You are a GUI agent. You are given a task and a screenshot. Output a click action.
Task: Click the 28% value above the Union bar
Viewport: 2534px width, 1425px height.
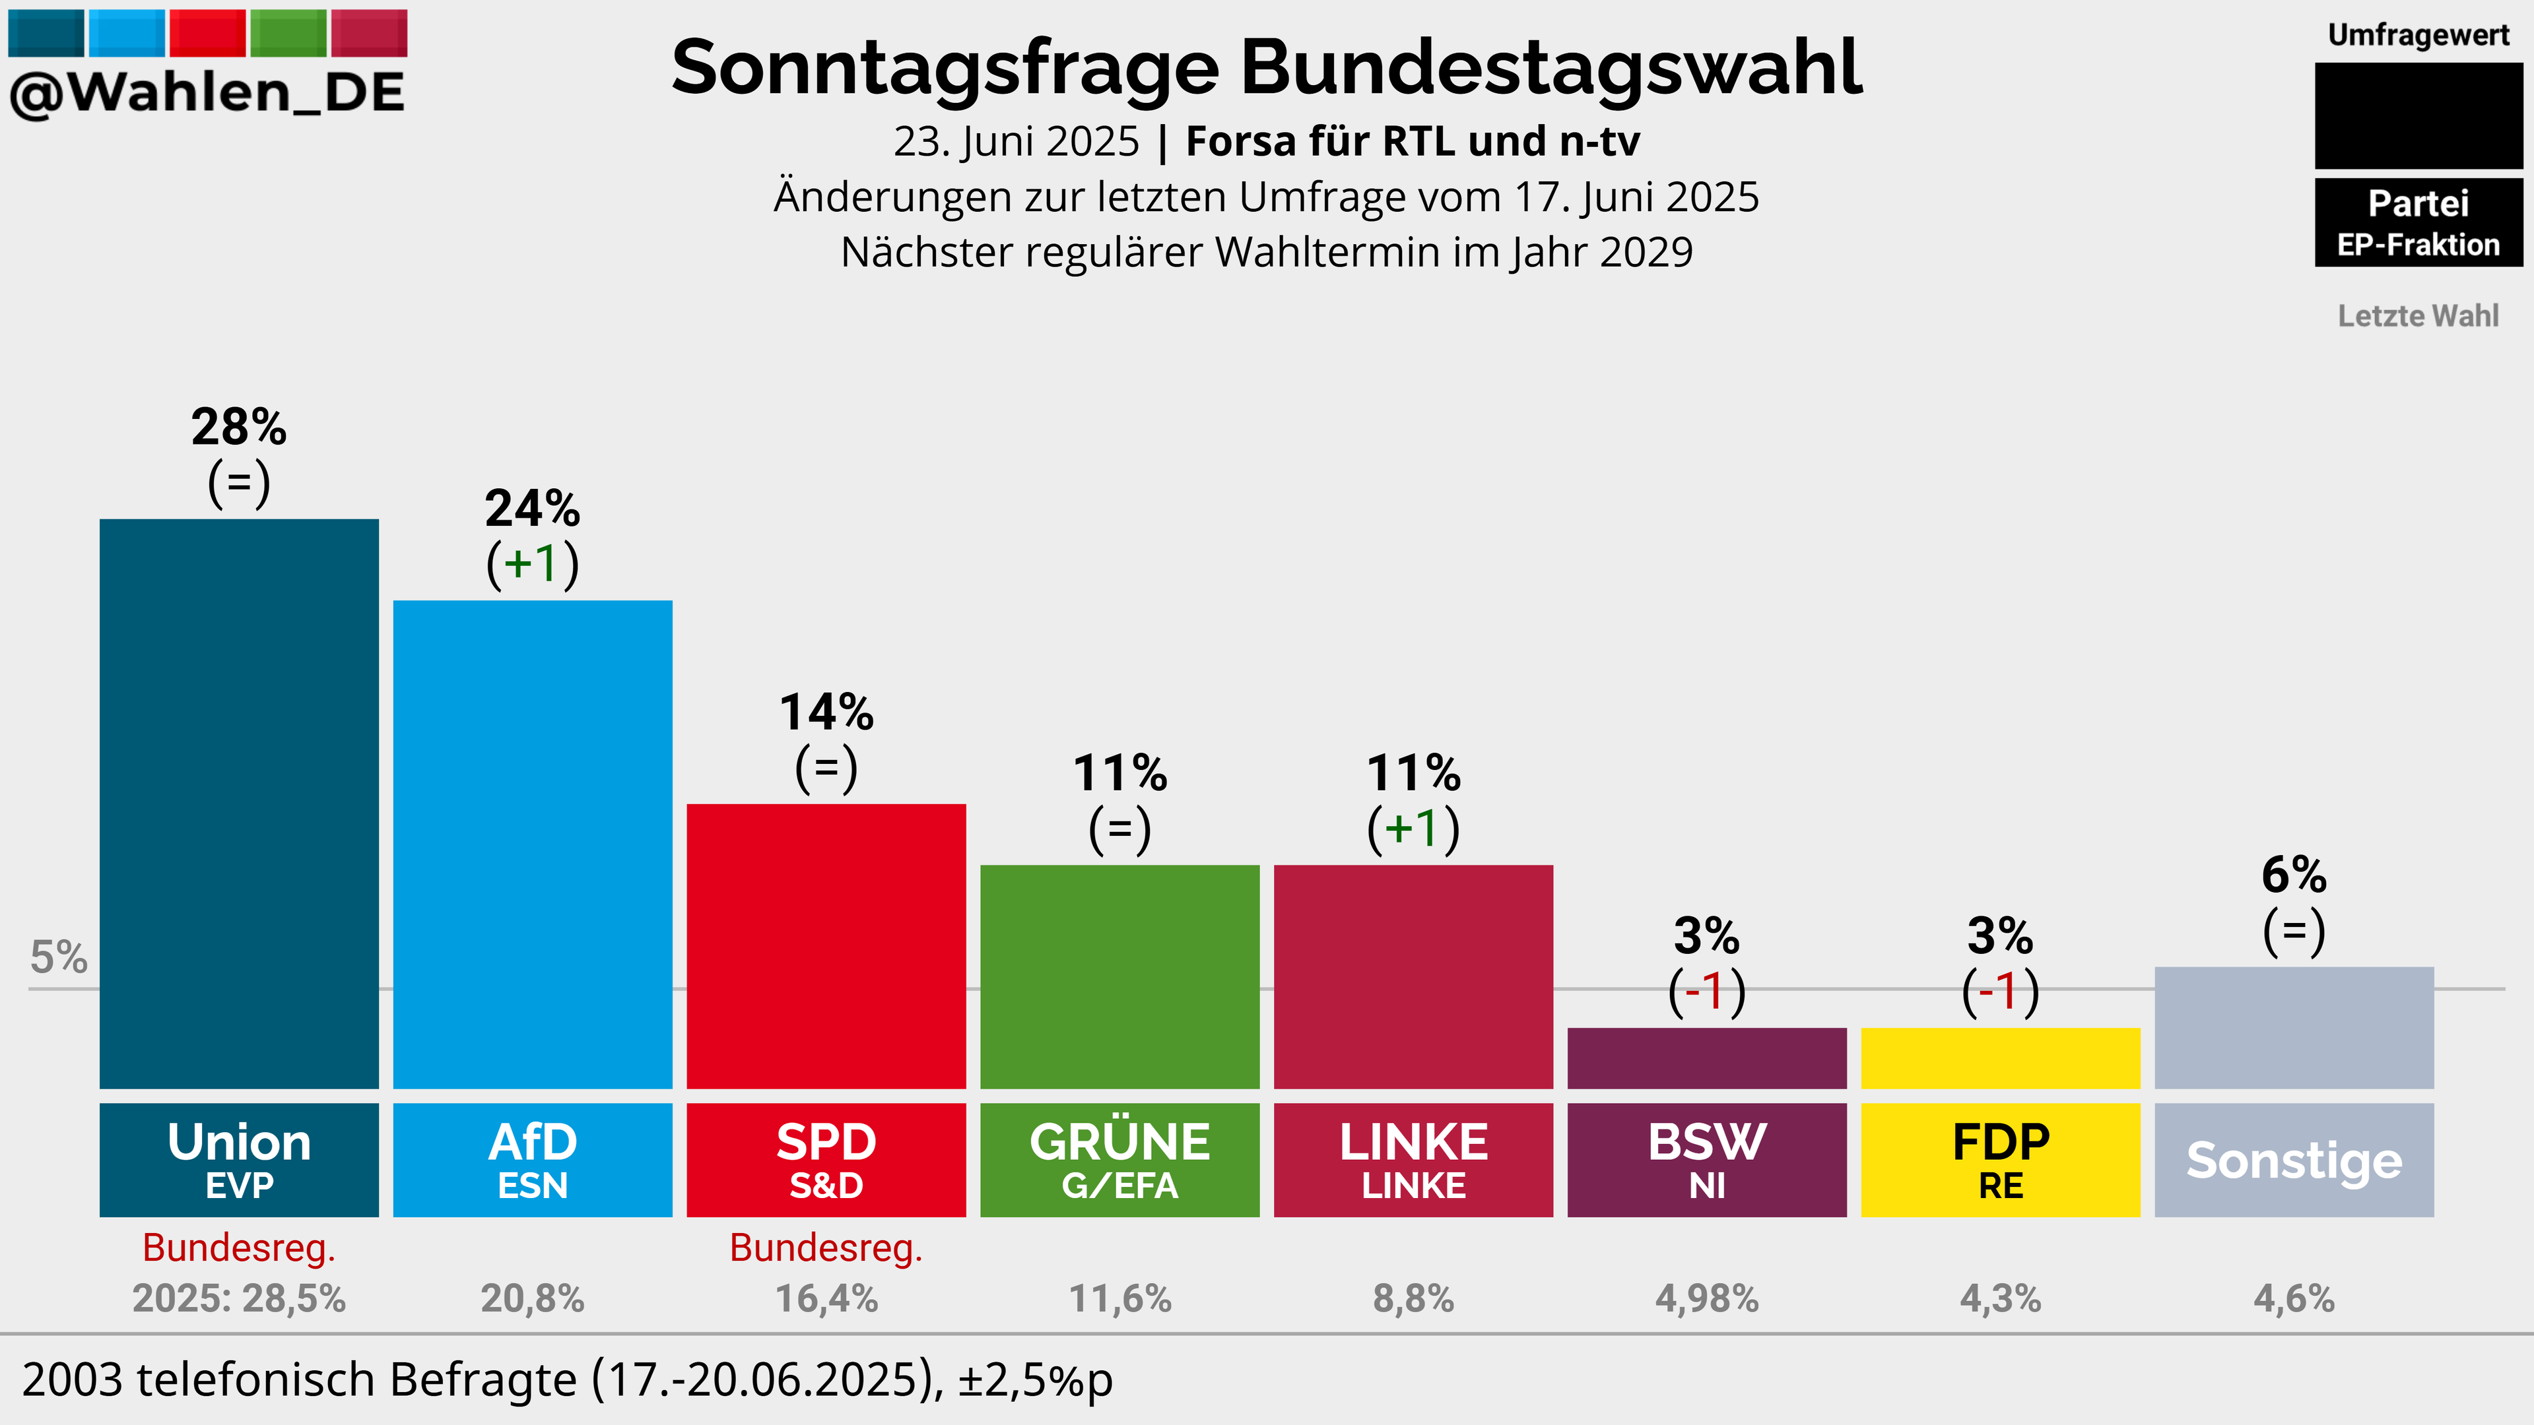239,427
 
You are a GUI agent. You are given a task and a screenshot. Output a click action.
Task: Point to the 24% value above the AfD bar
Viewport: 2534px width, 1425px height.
532,509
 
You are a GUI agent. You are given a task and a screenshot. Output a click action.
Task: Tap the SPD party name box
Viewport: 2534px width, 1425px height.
826,1160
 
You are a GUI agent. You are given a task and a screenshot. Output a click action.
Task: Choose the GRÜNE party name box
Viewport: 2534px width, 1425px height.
1119,1160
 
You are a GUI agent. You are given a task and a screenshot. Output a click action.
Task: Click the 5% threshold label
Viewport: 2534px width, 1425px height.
59,957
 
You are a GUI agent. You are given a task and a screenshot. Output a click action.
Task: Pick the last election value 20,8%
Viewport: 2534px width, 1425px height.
532,1298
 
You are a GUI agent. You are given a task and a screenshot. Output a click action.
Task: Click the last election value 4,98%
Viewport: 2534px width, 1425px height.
1707,1298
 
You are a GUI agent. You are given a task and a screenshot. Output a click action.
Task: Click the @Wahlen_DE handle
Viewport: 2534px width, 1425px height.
207,92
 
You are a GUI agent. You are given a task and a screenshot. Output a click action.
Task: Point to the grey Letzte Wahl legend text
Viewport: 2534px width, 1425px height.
2418,316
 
